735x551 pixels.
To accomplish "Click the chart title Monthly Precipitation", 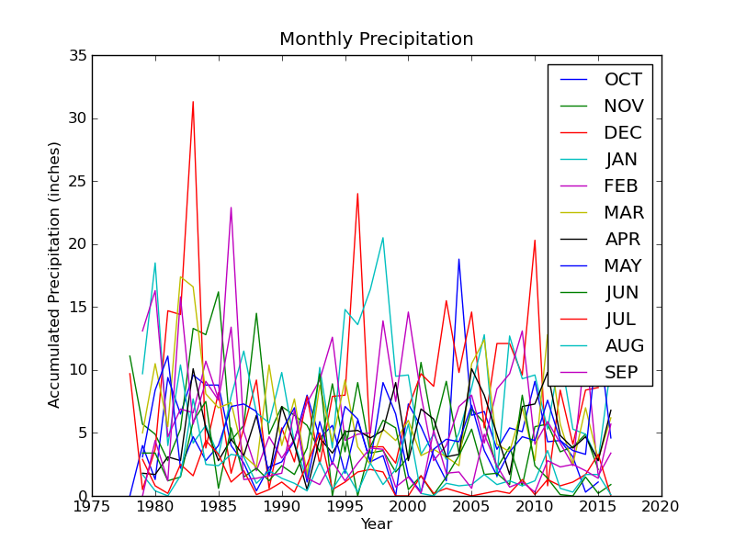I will pyautogui.click(x=377, y=39).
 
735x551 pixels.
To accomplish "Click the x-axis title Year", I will pyautogui.click(x=377, y=524).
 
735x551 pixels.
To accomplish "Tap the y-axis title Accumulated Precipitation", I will pyautogui.click(x=55, y=275).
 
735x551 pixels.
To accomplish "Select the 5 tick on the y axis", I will pyautogui.click(x=83, y=433).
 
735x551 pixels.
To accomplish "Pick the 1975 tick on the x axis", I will pyautogui.click(x=92, y=506).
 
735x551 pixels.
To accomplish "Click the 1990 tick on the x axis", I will pyautogui.click(x=282, y=506).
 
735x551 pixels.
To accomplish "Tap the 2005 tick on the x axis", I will pyautogui.click(x=471, y=506).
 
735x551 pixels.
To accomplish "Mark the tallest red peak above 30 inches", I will pyautogui.click(x=193, y=102).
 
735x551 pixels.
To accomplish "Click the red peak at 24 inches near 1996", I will pyautogui.click(x=357, y=194).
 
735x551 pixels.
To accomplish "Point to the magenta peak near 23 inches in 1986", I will pyautogui.click(x=231, y=208).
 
